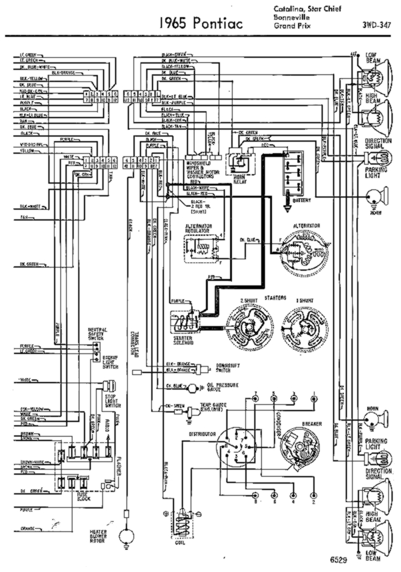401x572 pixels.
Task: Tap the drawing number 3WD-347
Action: (x=377, y=25)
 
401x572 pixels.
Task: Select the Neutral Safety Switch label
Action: (x=97, y=335)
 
